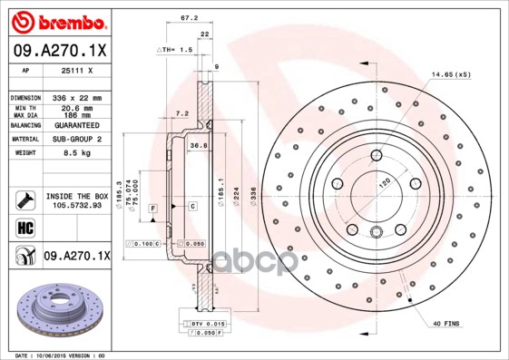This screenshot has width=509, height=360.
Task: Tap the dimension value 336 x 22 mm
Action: click(x=75, y=97)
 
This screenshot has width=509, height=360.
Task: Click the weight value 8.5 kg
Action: click(x=62, y=153)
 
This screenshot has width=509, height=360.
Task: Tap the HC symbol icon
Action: click(x=24, y=226)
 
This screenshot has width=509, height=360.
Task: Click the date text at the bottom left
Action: click(x=62, y=355)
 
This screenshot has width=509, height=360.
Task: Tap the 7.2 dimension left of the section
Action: click(x=181, y=115)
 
